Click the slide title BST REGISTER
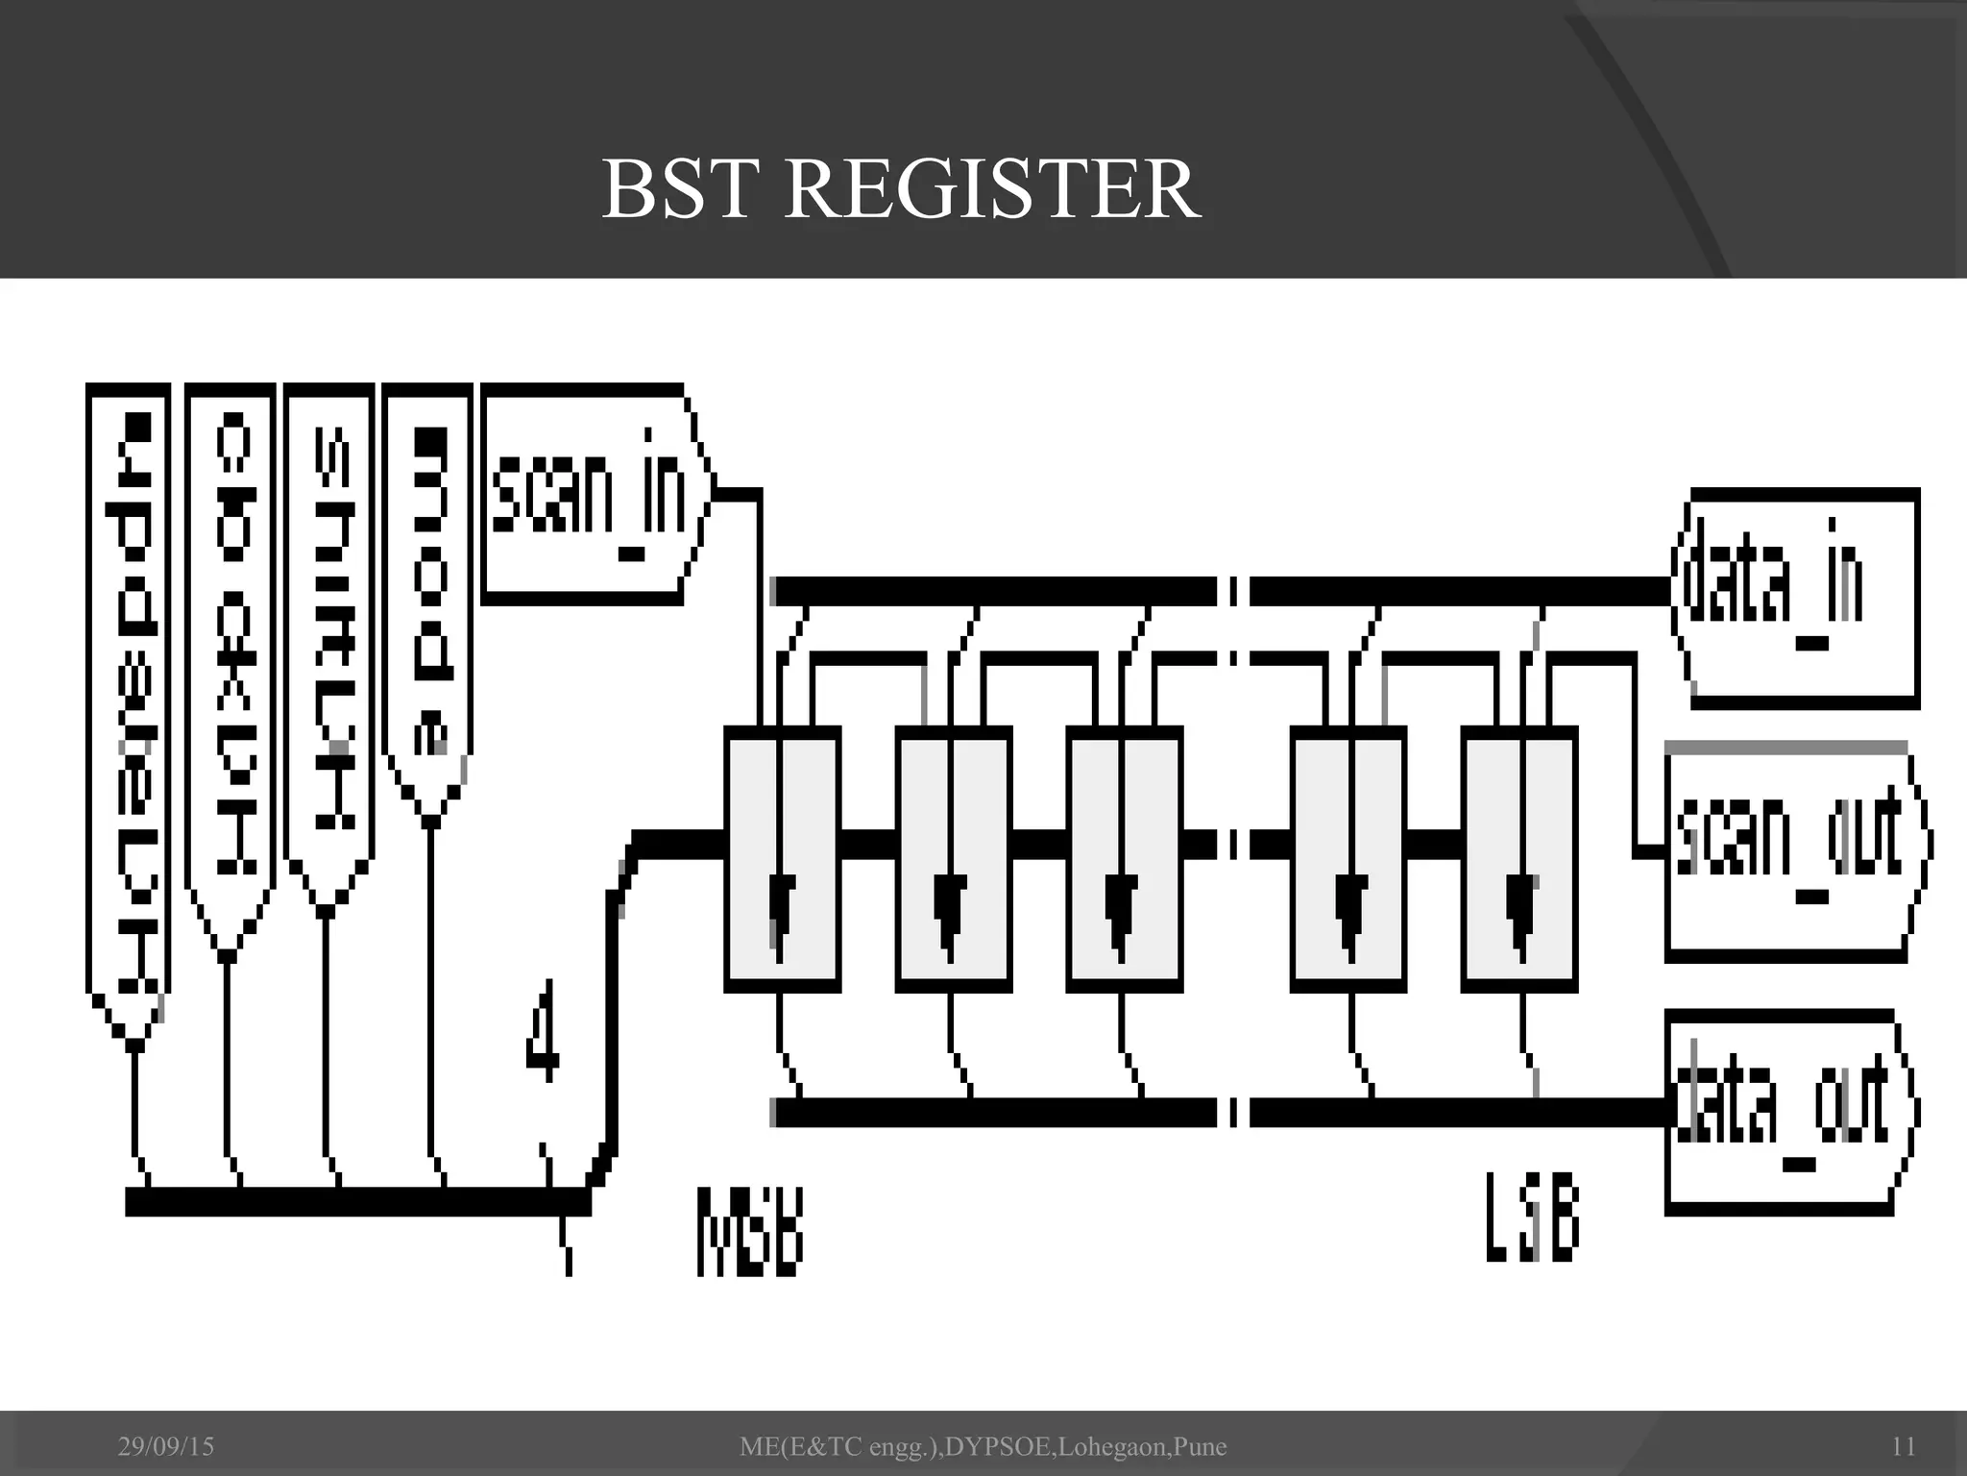tap(900, 189)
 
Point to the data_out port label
tap(1783, 1105)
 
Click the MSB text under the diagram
tap(748, 1233)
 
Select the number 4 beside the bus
tap(543, 1031)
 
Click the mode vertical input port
tap(428, 596)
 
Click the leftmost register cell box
tap(782, 858)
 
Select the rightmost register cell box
tap(1519, 858)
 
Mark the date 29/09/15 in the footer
tap(165, 1446)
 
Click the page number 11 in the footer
tap(1903, 1446)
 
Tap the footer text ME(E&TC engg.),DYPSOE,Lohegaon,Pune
tap(983, 1446)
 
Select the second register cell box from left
tap(953, 858)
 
